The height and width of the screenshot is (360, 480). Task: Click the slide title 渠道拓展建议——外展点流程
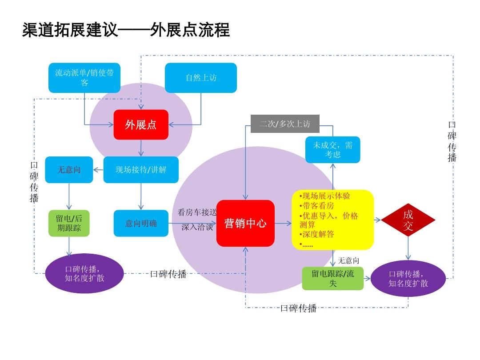point(126,30)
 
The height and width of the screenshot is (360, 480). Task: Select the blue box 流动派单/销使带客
point(84,78)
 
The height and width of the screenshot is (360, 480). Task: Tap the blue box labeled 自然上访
point(201,78)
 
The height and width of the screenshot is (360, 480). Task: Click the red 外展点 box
point(141,124)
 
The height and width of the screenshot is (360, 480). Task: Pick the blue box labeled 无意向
point(69,170)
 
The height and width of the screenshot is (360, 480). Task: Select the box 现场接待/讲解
point(141,170)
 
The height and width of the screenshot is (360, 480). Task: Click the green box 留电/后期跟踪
point(69,224)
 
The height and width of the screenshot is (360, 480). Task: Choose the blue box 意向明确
point(141,224)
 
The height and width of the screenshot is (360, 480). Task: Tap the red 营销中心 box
point(245,223)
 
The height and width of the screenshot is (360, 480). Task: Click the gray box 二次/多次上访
point(285,124)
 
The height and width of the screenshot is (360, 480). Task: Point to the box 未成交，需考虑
point(332,150)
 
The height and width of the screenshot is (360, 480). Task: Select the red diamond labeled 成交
point(408,220)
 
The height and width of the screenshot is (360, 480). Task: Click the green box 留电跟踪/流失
point(333,279)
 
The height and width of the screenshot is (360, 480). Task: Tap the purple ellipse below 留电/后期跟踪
point(84,274)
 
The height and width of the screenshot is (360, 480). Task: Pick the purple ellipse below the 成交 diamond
point(408,279)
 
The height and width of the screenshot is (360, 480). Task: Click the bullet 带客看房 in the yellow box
point(317,206)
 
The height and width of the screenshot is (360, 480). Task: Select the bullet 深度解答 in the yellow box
point(317,234)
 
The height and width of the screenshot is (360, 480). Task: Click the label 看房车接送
point(197,212)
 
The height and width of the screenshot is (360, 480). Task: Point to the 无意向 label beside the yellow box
point(348,260)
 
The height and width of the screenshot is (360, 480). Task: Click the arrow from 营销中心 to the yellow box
point(283,223)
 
